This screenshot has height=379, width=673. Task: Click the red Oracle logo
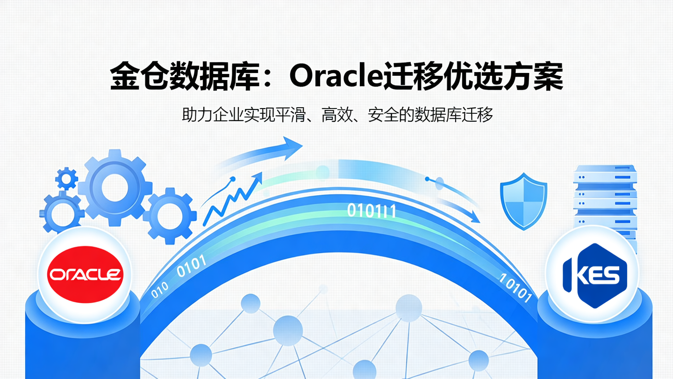(85, 274)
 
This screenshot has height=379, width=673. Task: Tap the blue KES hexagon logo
(592, 275)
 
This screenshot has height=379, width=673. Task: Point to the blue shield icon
(523, 201)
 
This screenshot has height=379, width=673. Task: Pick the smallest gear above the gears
(66, 179)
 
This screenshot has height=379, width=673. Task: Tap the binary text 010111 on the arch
(372, 211)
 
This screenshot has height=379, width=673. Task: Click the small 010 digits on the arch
(159, 290)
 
